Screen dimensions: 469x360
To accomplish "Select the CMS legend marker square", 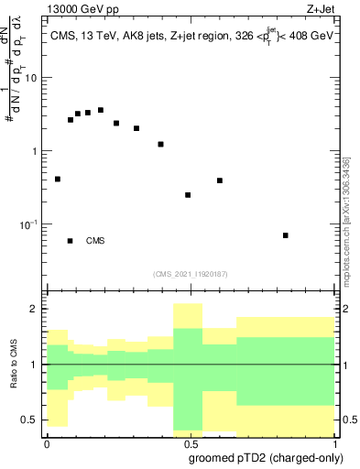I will [71, 241].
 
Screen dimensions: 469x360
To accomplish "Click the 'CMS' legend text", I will [95, 241].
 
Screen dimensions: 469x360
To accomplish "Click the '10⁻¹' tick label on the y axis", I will [32, 224].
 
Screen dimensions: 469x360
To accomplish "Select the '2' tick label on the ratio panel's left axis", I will [38, 309].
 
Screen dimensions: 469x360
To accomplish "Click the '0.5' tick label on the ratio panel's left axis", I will [32, 420].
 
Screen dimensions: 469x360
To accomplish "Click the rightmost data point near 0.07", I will [286, 235].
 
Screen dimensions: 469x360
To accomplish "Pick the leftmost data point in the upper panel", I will [58, 180].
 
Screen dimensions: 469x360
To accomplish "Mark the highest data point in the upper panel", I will [101, 110].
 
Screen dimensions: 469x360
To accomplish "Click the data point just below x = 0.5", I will [188, 195].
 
